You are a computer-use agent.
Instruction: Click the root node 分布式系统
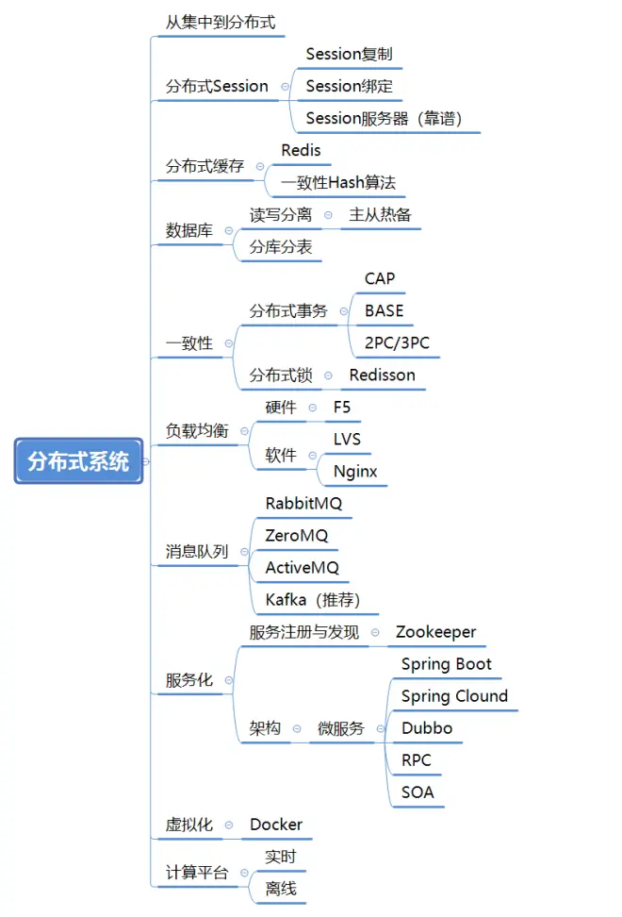[x=78, y=461]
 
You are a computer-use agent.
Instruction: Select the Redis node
[x=301, y=150]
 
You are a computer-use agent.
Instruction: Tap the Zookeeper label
[x=435, y=632]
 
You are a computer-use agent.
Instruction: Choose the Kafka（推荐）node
[x=313, y=600]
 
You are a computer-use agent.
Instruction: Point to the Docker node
[x=276, y=825]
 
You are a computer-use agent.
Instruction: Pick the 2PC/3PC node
[x=397, y=342]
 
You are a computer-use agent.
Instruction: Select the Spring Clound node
[x=454, y=696]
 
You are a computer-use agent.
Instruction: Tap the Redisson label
[x=382, y=375]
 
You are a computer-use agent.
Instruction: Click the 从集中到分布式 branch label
[x=221, y=22]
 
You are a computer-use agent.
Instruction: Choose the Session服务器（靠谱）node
[x=384, y=118]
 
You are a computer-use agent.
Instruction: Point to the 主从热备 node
[x=380, y=214]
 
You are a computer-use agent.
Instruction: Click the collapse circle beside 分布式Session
[x=285, y=86]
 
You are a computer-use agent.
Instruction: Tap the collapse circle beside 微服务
[x=380, y=728]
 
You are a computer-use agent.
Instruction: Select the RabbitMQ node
[x=303, y=504]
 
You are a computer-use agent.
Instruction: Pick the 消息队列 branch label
[x=197, y=551]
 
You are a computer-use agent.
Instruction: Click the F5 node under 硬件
[x=341, y=407]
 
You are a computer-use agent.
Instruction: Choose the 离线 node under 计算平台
[x=281, y=888]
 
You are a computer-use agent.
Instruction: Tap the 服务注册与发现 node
[x=303, y=632]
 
